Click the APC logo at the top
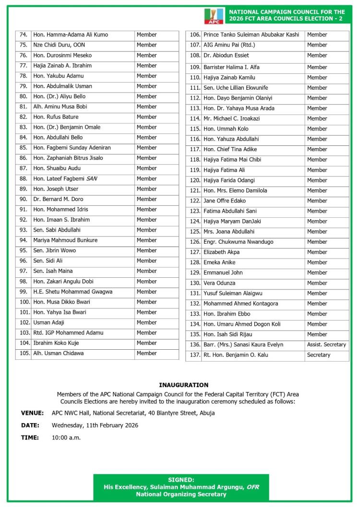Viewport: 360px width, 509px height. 213,16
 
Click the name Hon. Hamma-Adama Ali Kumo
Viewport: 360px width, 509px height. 71,35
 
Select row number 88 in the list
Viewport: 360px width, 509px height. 23,178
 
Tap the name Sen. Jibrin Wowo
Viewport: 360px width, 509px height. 54,250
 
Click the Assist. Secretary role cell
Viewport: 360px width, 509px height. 326,344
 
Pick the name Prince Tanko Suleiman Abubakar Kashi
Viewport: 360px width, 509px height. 251,35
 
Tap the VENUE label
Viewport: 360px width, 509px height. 32,413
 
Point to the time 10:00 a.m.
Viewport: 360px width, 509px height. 66,438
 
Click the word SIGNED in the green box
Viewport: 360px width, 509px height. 181,480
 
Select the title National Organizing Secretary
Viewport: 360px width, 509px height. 181,494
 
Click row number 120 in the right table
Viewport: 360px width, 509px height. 194,180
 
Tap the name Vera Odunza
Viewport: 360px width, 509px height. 219,283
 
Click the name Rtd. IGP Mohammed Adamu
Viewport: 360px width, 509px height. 68,333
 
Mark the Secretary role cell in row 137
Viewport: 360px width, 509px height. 319,355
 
